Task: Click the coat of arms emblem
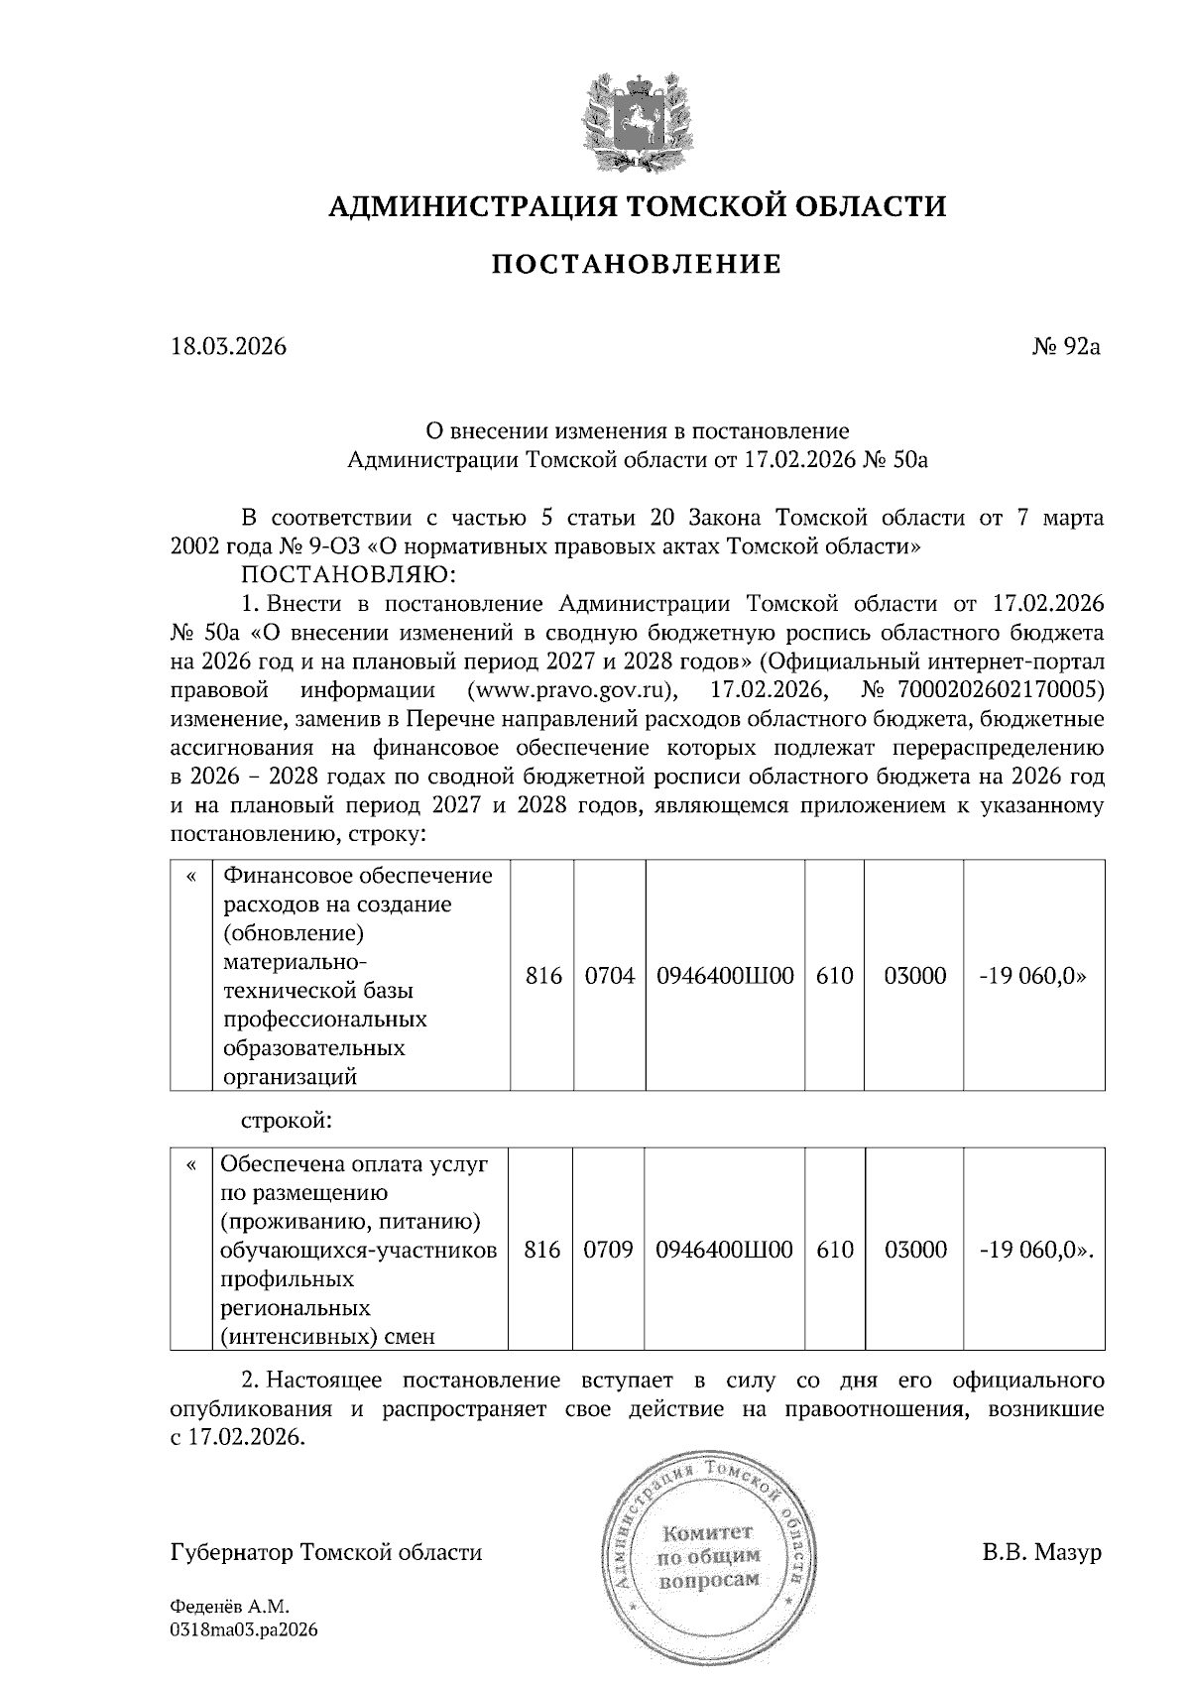click(x=636, y=120)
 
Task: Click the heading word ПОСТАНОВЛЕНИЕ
click(x=637, y=265)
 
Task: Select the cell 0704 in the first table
click(x=609, y=976)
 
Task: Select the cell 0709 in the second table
click(x=608, y=1250)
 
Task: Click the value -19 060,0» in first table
click(x=1031, y=976)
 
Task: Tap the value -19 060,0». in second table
click(x=1035, y=1250)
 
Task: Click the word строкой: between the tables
click(x=287, y=1121)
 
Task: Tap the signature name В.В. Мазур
click(x=1042, y=1552)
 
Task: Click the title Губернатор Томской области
click(x=326, y=1552)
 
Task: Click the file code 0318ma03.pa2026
click(x=244, y=1629)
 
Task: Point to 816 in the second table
click(x=542, y=1250)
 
